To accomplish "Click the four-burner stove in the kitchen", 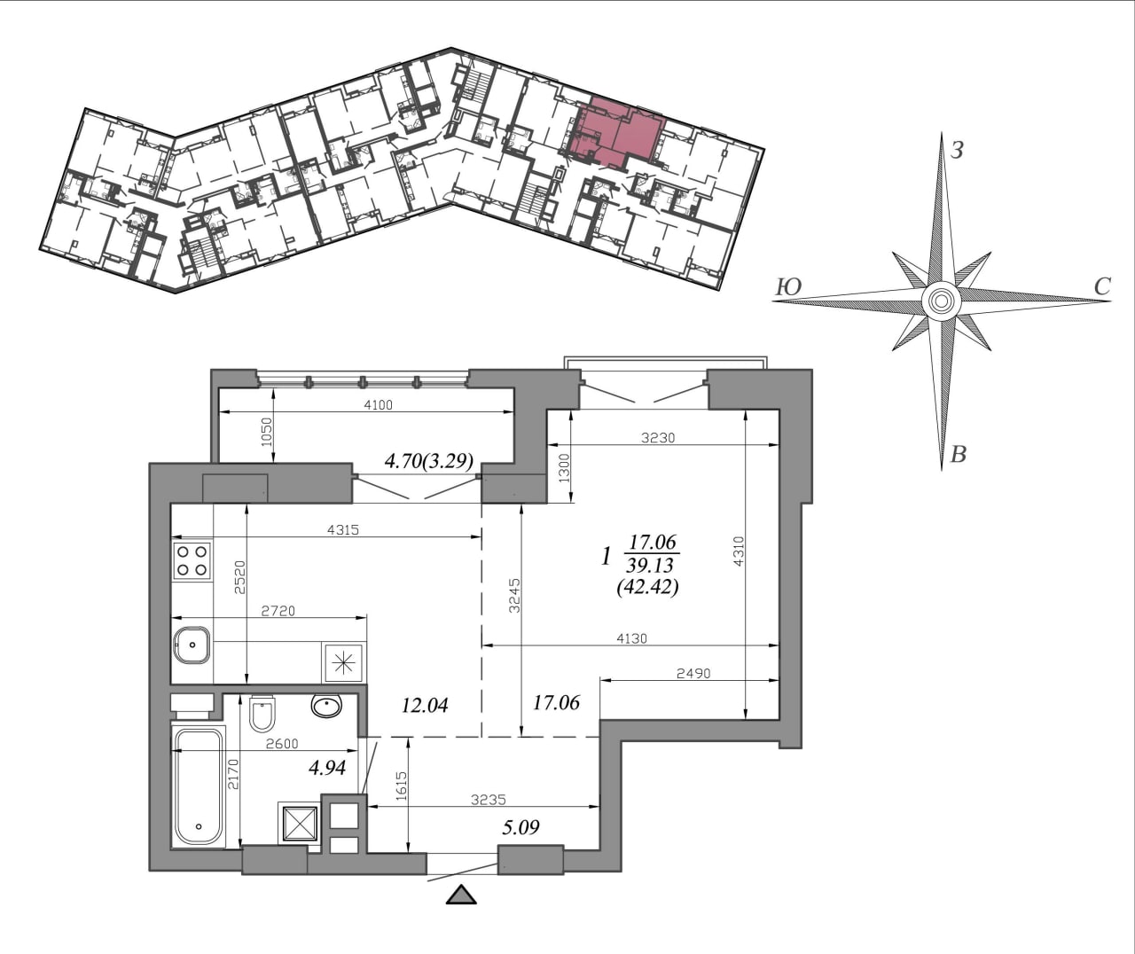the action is coord(192,560).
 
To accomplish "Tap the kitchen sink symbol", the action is coord(192,645).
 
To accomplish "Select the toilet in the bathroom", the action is coord(262,714).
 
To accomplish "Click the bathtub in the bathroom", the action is coord(199,786).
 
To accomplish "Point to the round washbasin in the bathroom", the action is coord(326,706).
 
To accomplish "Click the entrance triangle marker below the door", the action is coord(461,895).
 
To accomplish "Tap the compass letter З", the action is coord(958,150).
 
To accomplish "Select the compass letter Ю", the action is coord(788,287).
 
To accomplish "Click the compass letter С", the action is coord(1102,286).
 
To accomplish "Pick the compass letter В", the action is coord(959,454).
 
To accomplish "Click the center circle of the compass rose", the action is coord(942,301).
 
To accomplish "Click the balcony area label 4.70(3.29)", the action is coord(428,461).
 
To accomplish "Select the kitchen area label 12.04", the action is coord(425,706).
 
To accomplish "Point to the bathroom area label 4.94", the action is coord(326,767).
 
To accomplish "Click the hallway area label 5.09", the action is coord(521,827).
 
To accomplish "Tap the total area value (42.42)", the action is coord(648,587).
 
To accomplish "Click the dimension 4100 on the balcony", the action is coord(378,404).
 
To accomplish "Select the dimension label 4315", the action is coord(343,529).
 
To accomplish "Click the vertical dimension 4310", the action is coord(738,551).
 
